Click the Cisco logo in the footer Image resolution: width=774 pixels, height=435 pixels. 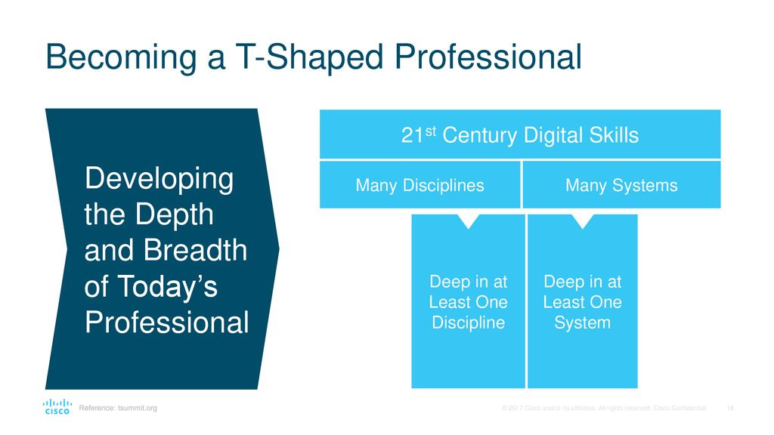(x=57, y=407)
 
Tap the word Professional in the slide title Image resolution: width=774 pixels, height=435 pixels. (x=488, y=56)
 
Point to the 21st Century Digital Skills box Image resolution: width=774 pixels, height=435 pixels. (x=520, y=134)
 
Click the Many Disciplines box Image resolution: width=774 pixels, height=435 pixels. (x=420, y=185)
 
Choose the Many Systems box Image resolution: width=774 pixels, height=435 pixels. (x=621, y=185)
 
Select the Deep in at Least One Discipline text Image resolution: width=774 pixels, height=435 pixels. (x=468, y=302)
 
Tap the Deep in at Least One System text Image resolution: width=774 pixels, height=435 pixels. (x=583, y=302)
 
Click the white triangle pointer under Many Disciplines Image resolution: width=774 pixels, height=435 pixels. (x=469, y=220)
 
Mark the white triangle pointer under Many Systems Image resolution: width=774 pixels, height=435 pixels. (x=583, y=220)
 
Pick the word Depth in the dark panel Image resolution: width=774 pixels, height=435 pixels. (x=175, y=214)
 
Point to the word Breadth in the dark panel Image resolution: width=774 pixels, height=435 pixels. (x=196, y=250)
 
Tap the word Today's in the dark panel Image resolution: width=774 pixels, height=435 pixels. (x=167, y=286)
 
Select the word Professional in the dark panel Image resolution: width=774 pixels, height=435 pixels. (x=167, y=322)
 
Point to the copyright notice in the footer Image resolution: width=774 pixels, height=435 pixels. (x=604, y=409)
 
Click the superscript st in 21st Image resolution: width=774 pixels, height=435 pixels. (x=430, y=131)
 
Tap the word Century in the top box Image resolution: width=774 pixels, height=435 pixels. (x=479, y=136)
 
